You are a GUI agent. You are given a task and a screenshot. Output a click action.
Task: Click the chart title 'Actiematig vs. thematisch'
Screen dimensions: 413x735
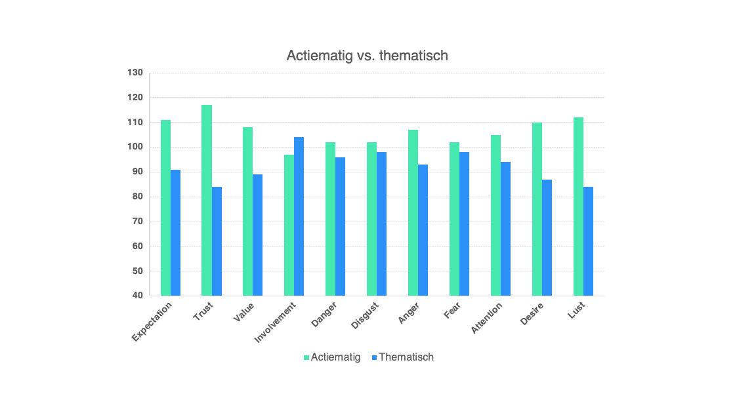pos(367,56)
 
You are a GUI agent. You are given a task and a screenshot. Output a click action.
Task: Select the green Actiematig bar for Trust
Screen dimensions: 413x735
pos(207,200)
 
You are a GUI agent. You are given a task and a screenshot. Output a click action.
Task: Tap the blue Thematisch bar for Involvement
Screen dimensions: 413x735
pos(299,216)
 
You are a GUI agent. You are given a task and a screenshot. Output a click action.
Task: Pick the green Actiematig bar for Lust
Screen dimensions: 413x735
pos(578,206)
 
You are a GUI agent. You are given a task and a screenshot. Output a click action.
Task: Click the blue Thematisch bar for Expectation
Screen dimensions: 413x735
pos(175,233)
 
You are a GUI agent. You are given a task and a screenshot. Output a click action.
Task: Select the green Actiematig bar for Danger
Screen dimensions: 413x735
pos(330,219)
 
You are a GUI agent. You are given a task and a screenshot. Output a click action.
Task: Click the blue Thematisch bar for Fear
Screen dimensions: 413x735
pos(465,224)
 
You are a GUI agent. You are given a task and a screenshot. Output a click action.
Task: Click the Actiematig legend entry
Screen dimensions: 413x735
pos(332,357)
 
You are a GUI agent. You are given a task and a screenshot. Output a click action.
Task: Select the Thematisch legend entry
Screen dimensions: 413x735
pos(402,357)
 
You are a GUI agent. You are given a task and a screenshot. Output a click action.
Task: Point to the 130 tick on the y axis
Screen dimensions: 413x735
pos(135,73)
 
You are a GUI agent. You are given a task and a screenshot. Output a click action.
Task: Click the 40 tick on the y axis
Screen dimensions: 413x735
pos(137,296)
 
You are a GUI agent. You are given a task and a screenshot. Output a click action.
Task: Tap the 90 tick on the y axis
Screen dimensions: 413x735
pos(137,172)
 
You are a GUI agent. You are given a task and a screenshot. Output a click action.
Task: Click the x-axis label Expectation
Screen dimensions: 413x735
pos(153,321)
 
